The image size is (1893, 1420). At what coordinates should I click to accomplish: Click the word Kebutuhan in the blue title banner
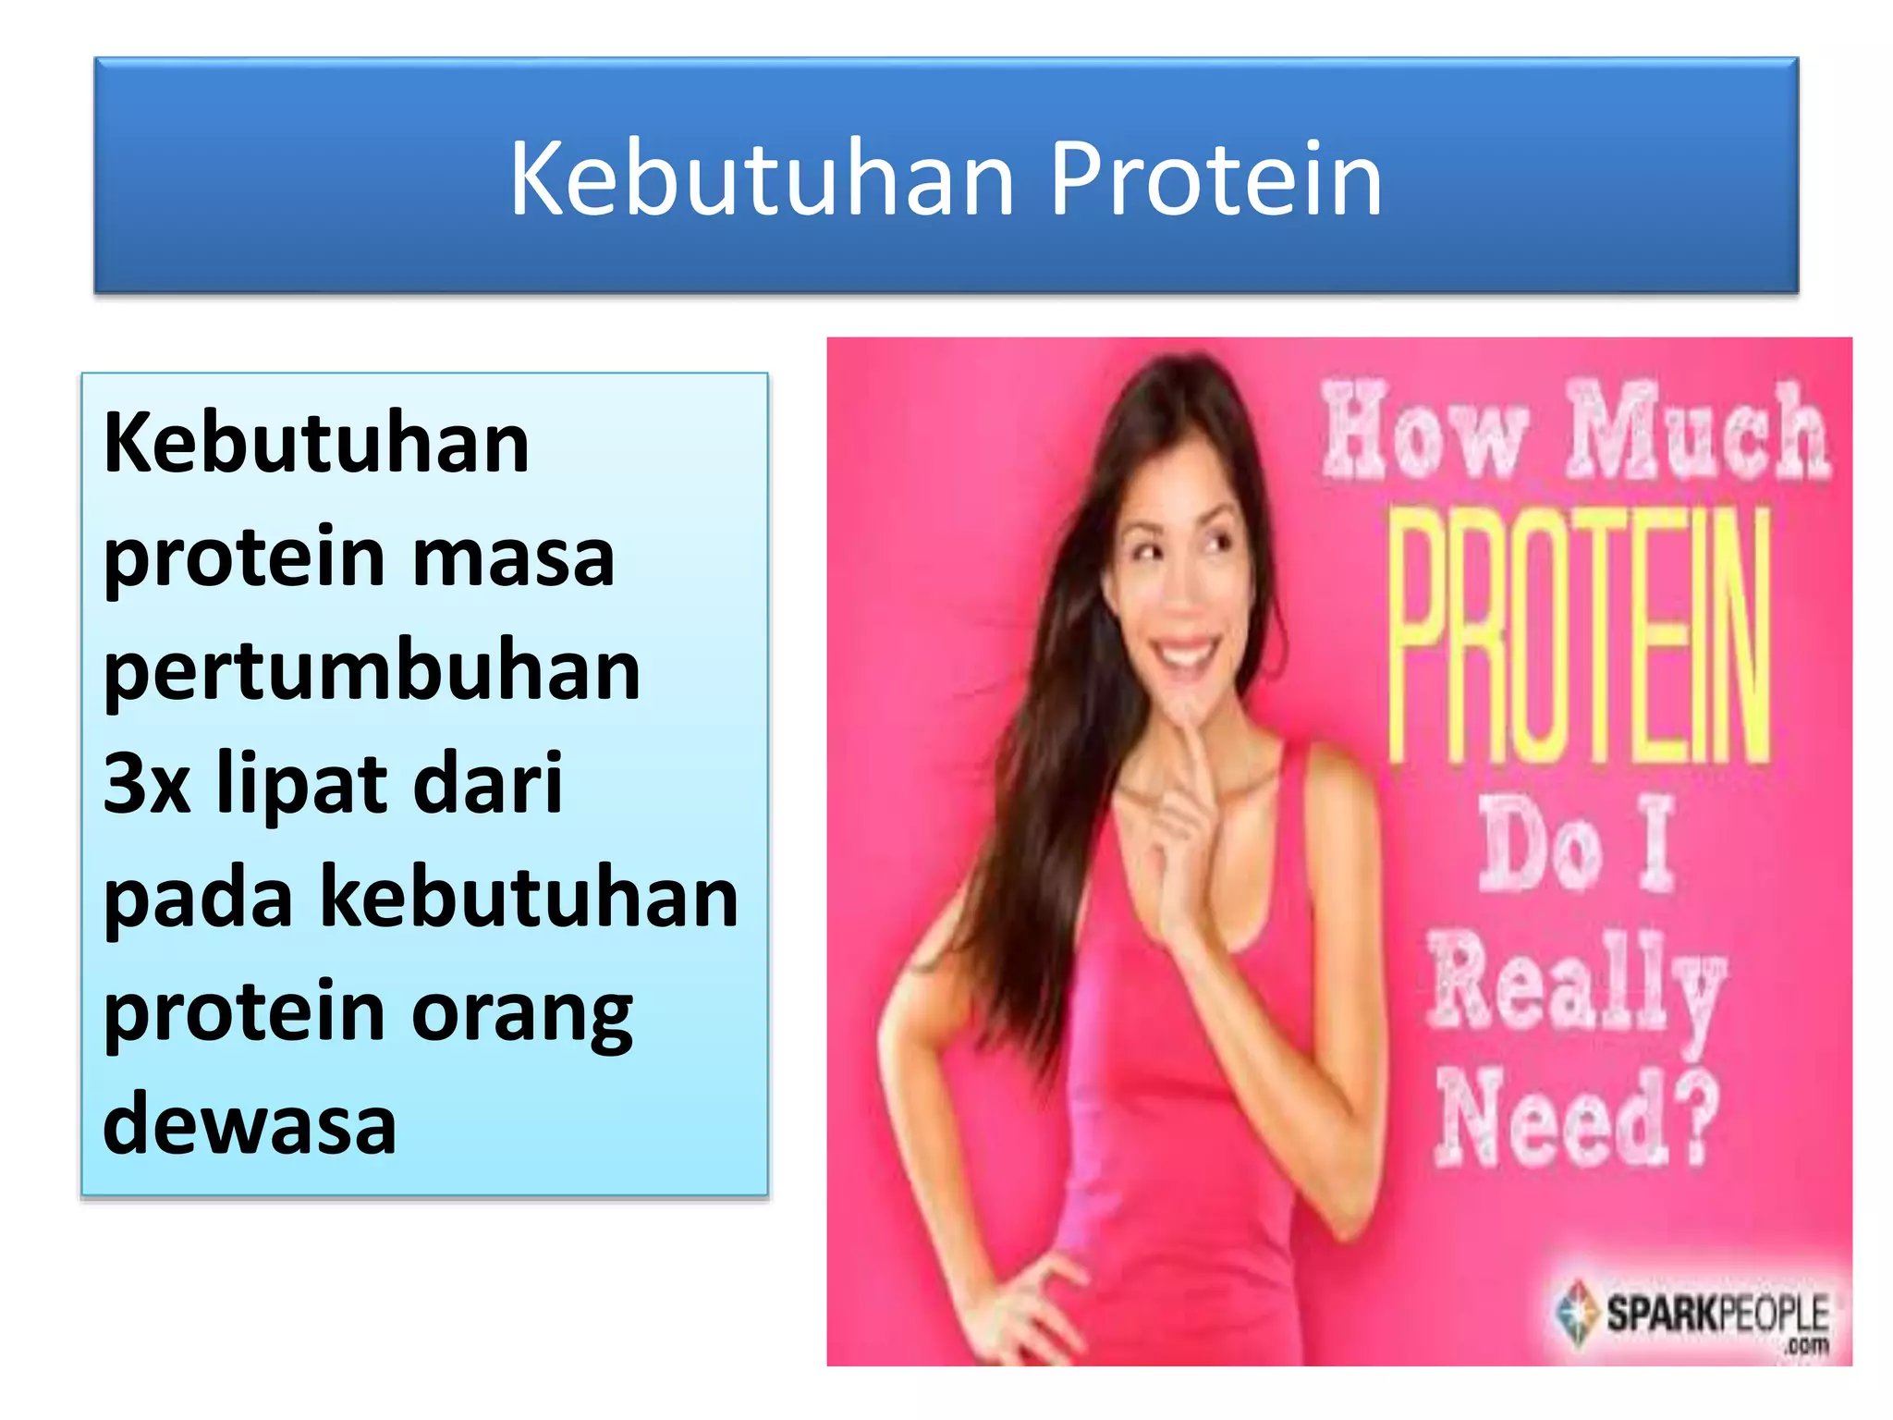[x=763, y=179]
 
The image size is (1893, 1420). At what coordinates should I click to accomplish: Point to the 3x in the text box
[x=146, y=784]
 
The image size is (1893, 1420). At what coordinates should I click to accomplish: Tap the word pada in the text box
[x=198, y=899]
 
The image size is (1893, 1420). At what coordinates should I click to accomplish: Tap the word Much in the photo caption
[x=1697, y=432]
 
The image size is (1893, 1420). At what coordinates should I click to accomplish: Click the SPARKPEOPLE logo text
[x=1716, y=1314]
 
